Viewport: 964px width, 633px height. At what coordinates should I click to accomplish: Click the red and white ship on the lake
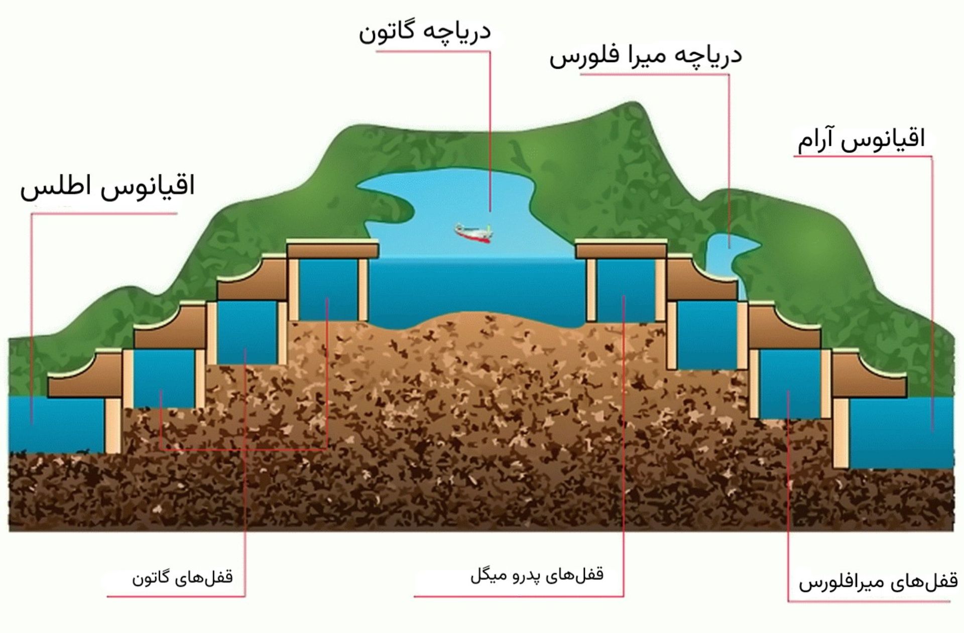[x=473, y=233]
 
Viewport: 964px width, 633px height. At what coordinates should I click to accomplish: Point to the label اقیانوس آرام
[x=861, y=140]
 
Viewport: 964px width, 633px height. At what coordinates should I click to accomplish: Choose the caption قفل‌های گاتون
[x=182, y=577]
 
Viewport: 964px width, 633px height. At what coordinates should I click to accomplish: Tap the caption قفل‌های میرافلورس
[x=878, y=582]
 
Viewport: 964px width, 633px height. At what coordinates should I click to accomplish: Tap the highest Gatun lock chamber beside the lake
[x=328, y=290]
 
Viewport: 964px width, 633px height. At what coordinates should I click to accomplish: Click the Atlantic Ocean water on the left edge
[x=55, y=424]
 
